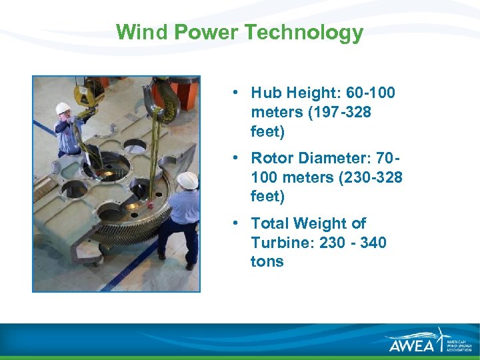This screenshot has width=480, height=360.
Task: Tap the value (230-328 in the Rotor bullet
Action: tap(366, 177)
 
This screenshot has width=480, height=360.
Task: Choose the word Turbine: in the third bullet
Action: tap(283, 243)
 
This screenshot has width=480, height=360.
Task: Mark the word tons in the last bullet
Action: tap(267, 261)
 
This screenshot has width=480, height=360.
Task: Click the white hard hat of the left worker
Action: tap(63, 108)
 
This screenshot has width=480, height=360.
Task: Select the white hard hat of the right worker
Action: tap(187, 179)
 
